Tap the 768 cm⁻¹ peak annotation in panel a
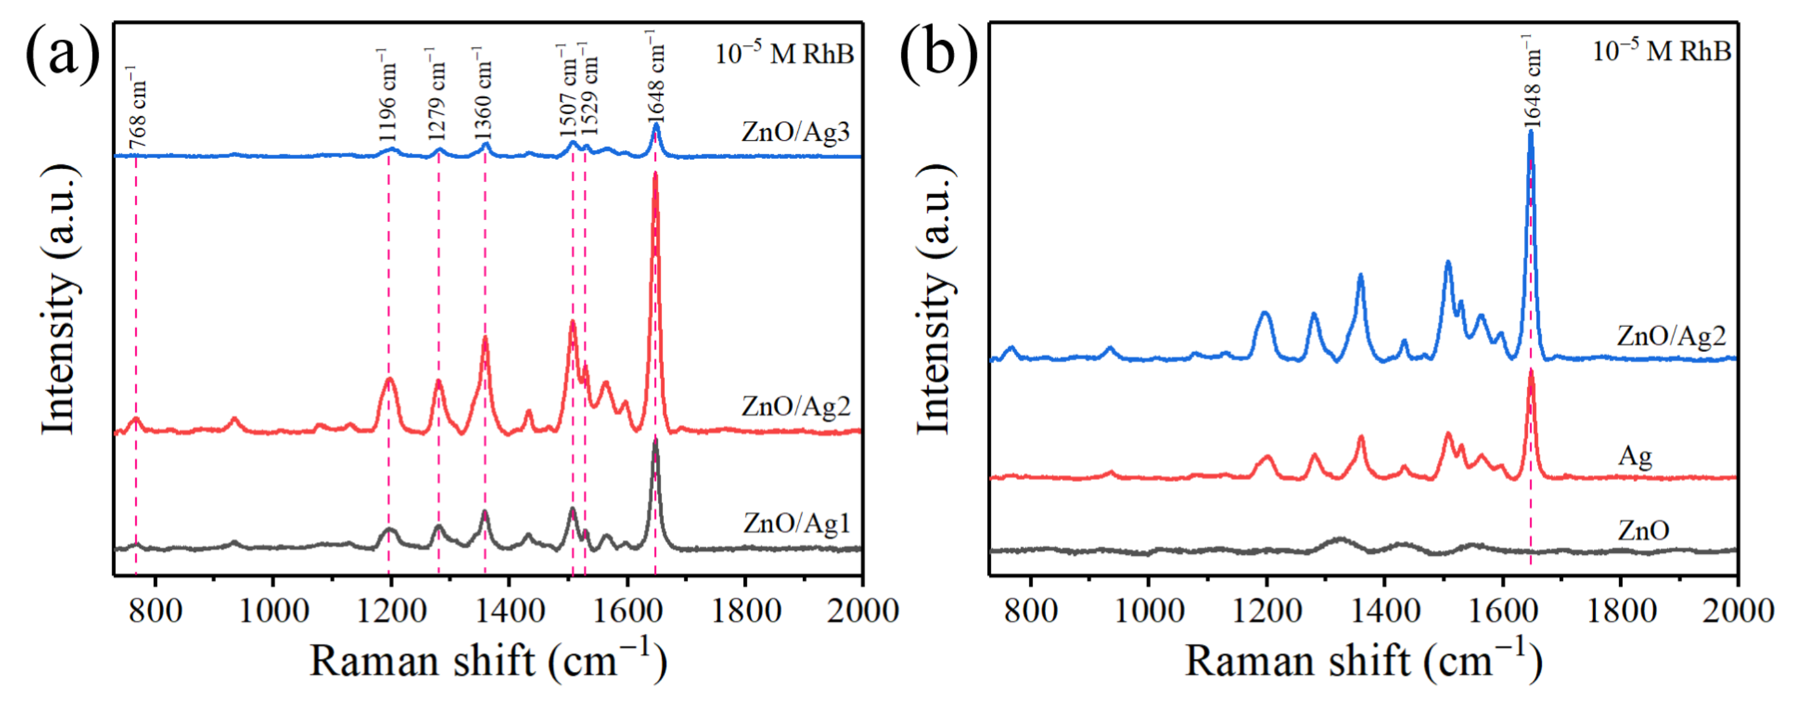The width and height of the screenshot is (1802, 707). pos(138,109)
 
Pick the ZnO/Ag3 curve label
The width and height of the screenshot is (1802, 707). pos(795,132)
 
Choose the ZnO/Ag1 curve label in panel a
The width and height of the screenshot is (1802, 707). pos(796,523)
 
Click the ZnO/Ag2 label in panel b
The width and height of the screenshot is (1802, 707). pos(1671,336)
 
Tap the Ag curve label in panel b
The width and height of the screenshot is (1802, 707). pos(1635,456)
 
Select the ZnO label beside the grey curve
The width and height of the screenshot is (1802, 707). pos(1643,530)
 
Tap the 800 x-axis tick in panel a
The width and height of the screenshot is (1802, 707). pos(155,611)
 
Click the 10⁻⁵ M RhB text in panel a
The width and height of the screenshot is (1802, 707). pos(784,53)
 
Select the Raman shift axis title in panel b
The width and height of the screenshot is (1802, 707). pos(1362,660)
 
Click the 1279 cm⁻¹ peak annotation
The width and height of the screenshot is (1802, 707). pos(435,94)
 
